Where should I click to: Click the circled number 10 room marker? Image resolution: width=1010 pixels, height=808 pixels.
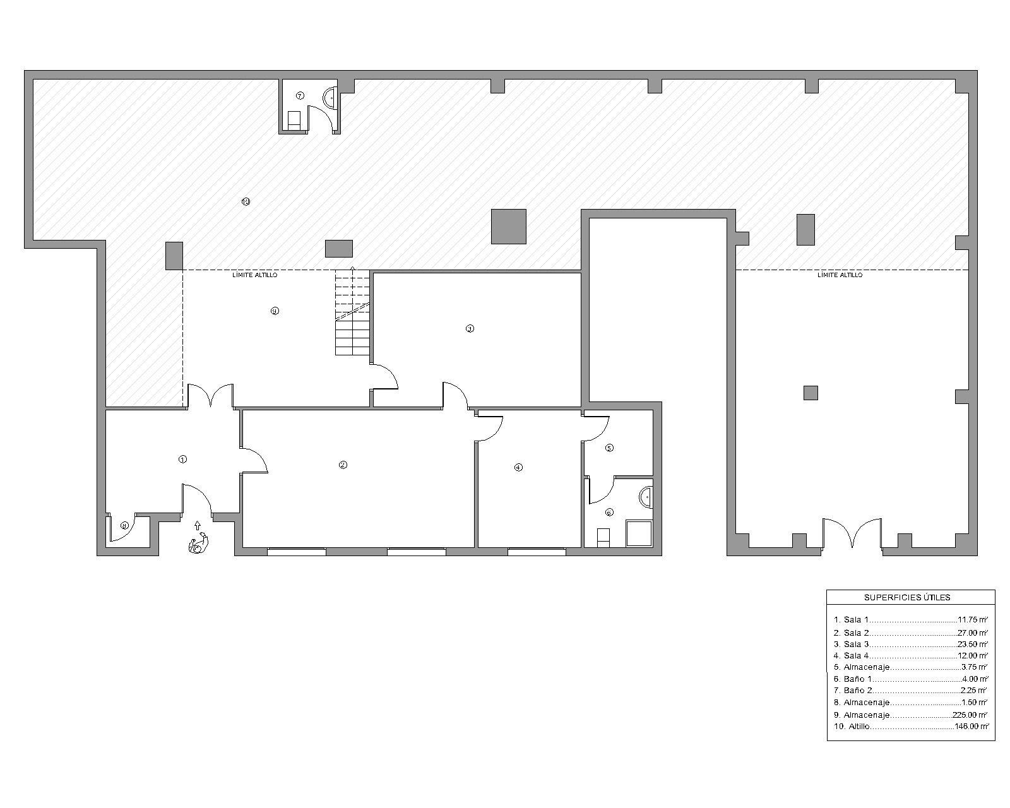coord(246,202)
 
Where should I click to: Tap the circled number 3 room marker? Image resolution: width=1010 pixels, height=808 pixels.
coord(470,328)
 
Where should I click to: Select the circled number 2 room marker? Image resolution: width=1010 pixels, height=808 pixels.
coord(343,465)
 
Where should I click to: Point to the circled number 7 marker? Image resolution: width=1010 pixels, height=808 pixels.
coord(300,96)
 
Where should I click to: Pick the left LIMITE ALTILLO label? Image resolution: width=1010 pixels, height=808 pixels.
coord(255,275)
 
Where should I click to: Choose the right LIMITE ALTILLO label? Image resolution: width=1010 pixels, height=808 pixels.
coord(840,275)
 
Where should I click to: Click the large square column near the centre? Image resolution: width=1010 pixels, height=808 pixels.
coord(509,226)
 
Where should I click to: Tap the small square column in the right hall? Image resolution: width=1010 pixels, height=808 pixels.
coord(811,393)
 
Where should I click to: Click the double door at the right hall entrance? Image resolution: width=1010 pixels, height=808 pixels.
coord(852,533)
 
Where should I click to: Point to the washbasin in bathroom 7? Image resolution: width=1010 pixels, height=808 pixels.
coord(330,97)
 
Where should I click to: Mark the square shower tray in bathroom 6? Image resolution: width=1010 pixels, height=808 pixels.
coord(639,533)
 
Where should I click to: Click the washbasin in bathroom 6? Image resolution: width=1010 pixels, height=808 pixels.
coord(646,497)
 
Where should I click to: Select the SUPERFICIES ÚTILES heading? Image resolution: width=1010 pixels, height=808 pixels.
coord(907,597)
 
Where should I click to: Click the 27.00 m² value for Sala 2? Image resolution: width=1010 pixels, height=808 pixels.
coord(972,633)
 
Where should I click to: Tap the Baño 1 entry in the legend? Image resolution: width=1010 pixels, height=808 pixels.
coord(857,679)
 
